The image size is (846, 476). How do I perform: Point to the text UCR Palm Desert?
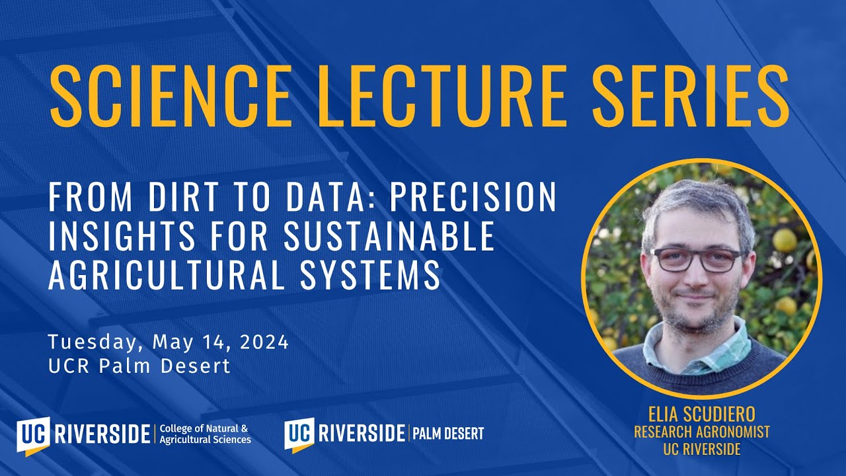[139, 366]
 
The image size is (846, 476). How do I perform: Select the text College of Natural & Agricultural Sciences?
[205, 434]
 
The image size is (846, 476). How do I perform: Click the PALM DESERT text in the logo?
[448, 434]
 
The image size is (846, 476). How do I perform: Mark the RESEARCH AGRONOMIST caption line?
[701, 432]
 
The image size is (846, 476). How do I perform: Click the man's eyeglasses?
[697, 259]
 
